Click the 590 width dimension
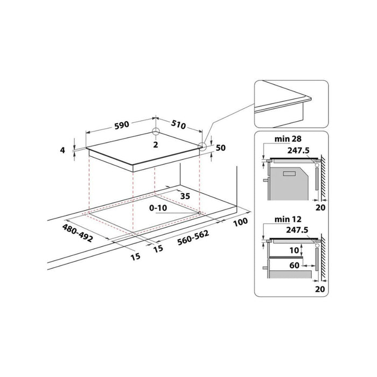click(120, 125)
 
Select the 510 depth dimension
click(178, 125)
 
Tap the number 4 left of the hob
click(62, 151)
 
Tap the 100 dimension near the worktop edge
click(240, 222)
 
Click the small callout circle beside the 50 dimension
click(201, 145)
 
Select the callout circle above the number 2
click(155, 132)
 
